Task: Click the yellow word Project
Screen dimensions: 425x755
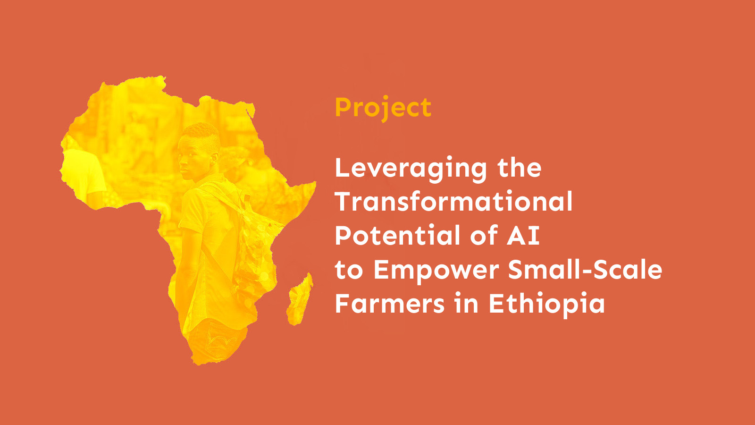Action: click(383, 108)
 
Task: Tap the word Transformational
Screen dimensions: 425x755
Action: click(453, 202)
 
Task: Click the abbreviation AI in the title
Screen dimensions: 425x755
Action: click(523, 235)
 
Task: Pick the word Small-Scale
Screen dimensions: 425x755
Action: click(585, 270)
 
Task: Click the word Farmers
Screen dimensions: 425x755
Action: click(389, 304)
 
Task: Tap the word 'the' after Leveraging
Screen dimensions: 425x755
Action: click(519, 168)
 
